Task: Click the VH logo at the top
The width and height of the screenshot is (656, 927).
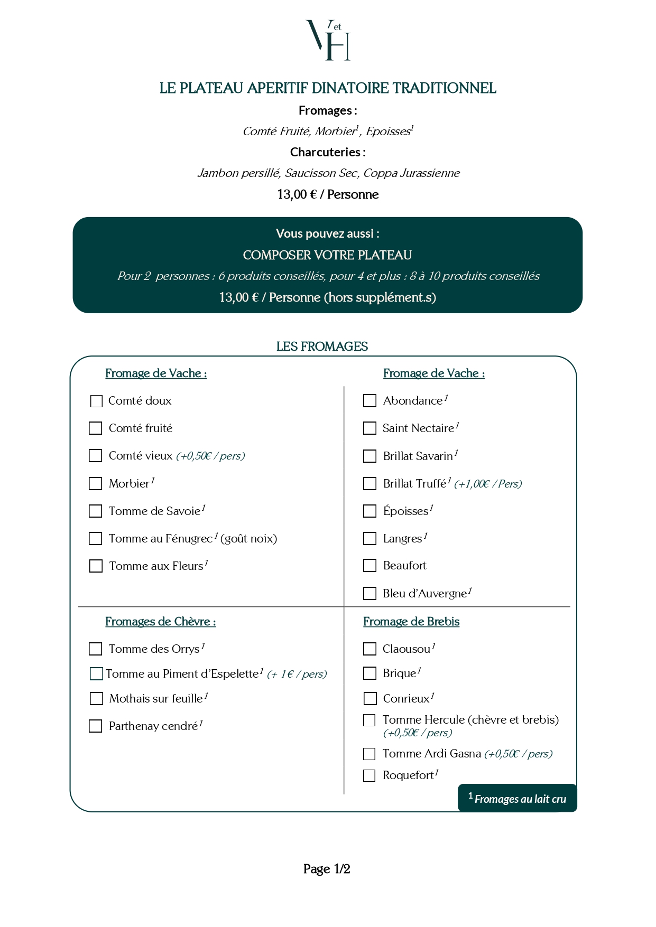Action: click(328, 40)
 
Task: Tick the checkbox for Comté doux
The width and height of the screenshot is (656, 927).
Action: click(96, 401)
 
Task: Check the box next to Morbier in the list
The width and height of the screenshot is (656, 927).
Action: click(96, 483)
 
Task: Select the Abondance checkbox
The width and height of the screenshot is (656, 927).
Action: click(369, 401)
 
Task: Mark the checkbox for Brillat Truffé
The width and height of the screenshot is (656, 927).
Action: click(369, 483)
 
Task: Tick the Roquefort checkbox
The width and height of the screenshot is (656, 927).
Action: click(369, 775)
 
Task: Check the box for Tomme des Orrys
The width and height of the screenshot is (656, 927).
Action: click(96, 649)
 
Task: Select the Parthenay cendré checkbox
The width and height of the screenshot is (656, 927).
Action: click(96, 726)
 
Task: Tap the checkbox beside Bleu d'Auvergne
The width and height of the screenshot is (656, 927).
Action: click(369, 594)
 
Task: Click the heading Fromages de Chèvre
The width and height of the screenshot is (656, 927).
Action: click(160, 622)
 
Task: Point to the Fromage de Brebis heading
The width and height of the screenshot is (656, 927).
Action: click(411, 622)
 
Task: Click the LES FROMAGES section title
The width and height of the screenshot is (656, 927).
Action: click(322, 347)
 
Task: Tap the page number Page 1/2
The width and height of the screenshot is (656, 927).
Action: click(327, 869)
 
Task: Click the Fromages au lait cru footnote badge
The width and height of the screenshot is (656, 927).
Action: click(517, 798)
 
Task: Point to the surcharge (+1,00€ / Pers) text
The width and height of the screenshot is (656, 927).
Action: click(488, 484)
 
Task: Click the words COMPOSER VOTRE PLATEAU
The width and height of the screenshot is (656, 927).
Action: click(327, 255)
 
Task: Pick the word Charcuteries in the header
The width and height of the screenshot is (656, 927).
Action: click(325, 152)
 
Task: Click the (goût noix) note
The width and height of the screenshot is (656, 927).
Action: click(248, 539)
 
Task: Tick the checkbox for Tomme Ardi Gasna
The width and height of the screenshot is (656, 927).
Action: click(369, 754)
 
